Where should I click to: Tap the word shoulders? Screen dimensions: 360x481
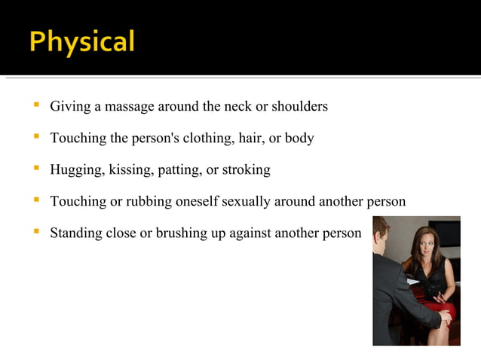coord(300,106)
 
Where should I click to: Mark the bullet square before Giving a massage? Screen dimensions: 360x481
coord(35,105)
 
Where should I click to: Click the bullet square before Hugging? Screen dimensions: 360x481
coord(35,169)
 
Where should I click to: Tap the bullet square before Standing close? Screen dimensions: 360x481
coord(35,232)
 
